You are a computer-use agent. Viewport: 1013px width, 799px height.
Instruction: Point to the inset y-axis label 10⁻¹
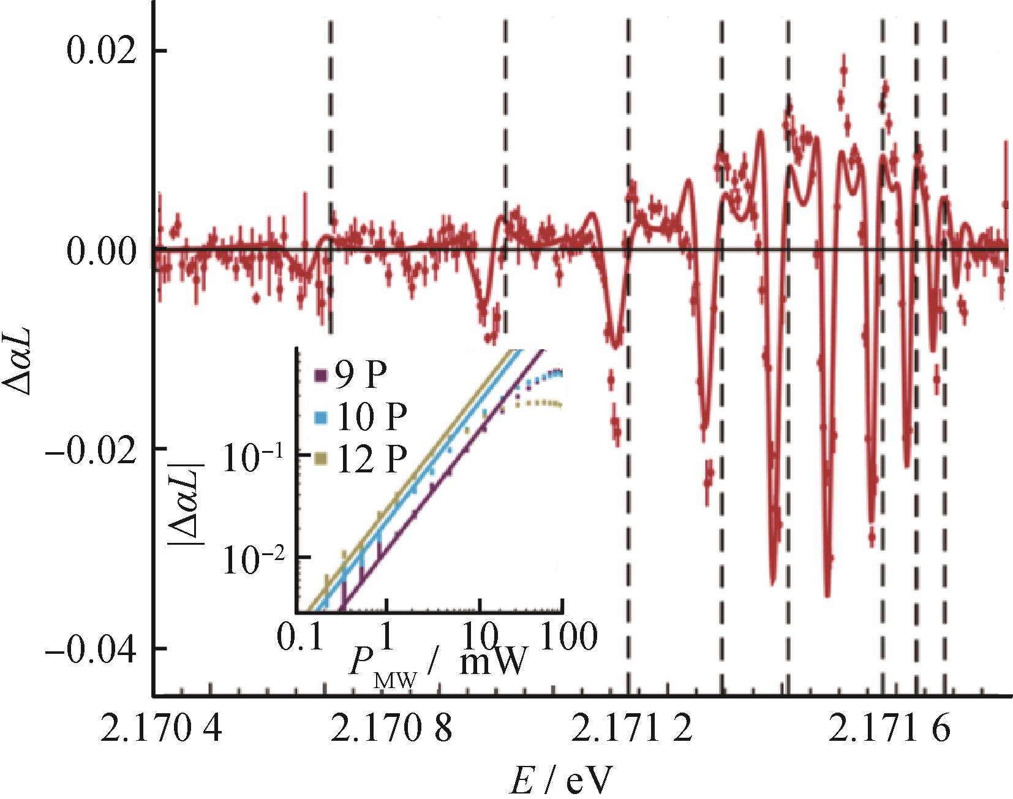tap(256, 454)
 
